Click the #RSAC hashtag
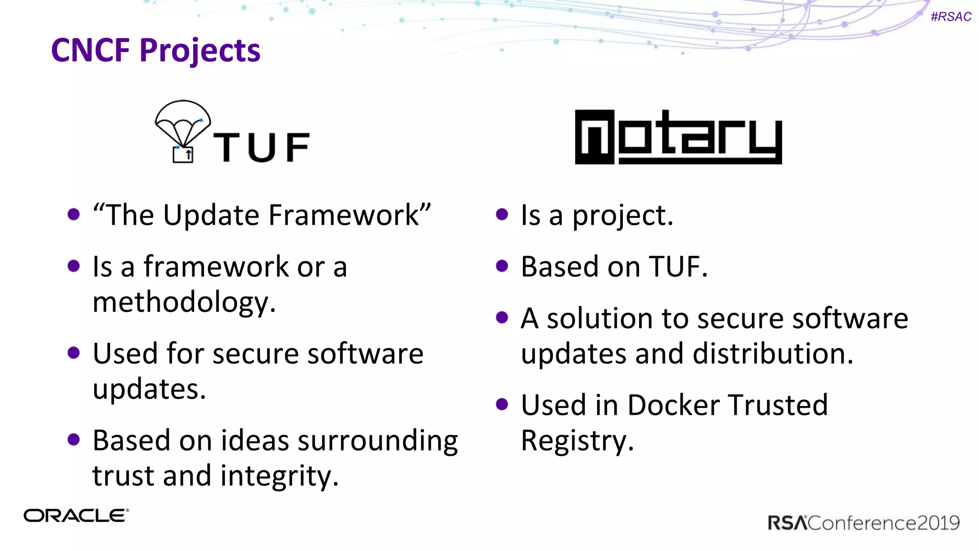click(951, 17)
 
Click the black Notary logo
click(678, 137)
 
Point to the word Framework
click(344, 215)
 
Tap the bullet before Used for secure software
click(74, 353)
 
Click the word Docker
click(673, 406)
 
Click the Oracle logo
click(76, 516)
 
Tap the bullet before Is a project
click(502, 214)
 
